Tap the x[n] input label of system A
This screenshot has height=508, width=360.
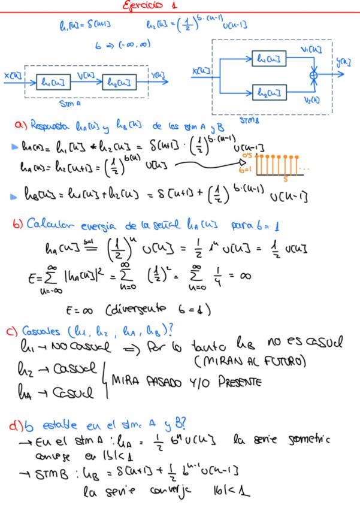(x=11, y=75)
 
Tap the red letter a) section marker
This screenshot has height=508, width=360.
(x=22, y=125)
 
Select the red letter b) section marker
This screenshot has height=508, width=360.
(x=18, y=225)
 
